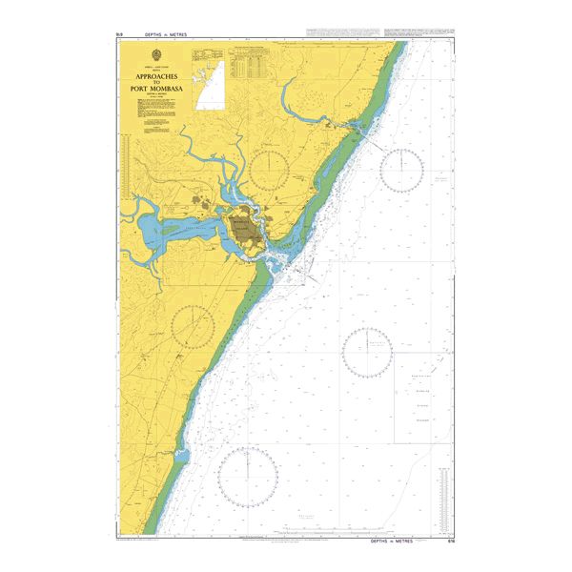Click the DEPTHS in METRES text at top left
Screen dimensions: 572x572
pos(167,34)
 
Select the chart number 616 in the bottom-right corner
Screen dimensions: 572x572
pos(449,541)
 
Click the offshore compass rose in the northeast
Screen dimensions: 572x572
pos(401,170)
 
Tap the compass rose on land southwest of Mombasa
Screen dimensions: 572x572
pos(193,326)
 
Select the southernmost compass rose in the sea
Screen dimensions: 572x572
pos(248,476)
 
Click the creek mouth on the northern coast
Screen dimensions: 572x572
pos(358,125)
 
